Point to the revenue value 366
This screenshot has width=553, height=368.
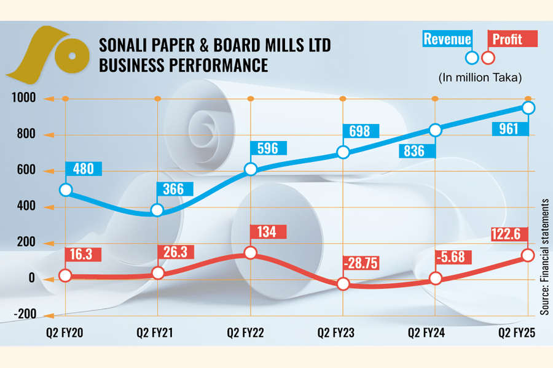coord(173,190)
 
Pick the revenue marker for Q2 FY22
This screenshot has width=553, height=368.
coord(250,170)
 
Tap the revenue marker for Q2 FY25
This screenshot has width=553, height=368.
coord(528,108)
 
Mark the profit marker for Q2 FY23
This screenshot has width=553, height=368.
coord(343,284)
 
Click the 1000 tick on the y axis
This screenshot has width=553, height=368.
coord(22,98)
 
